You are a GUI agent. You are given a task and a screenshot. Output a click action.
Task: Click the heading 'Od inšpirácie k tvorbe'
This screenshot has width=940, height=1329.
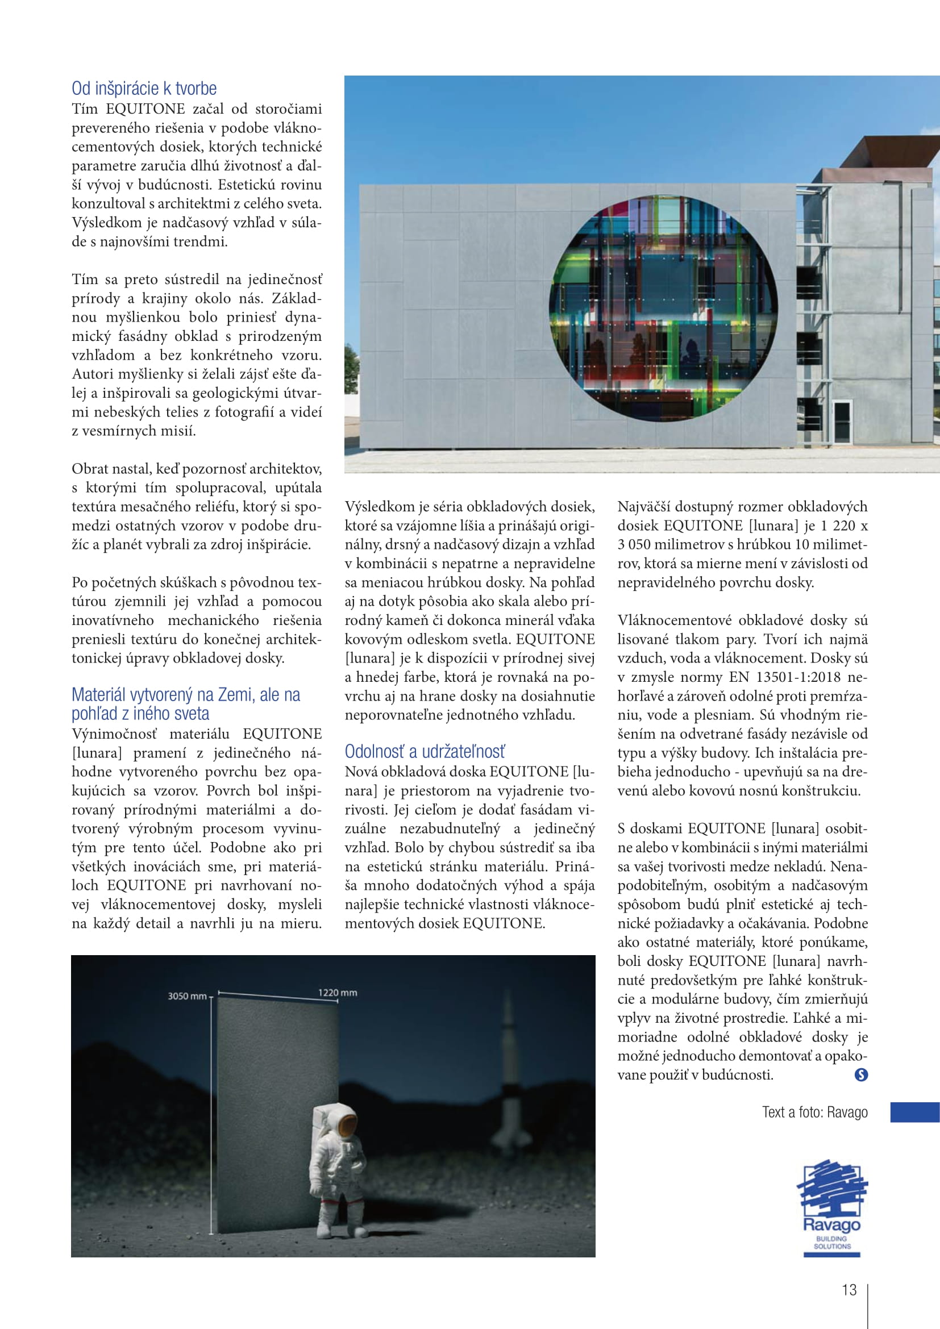coord(144,89)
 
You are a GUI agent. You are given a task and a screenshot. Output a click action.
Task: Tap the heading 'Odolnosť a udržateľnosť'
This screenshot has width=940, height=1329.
coord(425,751)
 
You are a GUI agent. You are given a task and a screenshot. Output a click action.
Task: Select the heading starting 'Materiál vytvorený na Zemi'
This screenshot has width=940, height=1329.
coord(186,704)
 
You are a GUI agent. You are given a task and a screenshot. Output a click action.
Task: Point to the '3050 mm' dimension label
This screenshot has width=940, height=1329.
coord(186,996)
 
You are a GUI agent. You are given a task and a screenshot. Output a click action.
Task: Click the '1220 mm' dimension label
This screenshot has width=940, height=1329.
coord(337,993)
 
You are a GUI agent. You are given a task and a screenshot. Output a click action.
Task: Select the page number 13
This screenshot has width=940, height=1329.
coord(849,1290)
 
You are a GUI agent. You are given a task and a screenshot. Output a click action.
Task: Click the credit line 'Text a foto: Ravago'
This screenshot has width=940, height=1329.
coord(814,1113)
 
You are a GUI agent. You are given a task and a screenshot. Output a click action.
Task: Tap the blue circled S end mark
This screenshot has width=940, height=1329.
coord(860,1075)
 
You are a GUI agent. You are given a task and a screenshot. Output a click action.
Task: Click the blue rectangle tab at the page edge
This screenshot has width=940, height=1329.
coord(914,1113)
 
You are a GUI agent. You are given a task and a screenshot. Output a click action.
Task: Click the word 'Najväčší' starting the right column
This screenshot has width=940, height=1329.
coord(643,507)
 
